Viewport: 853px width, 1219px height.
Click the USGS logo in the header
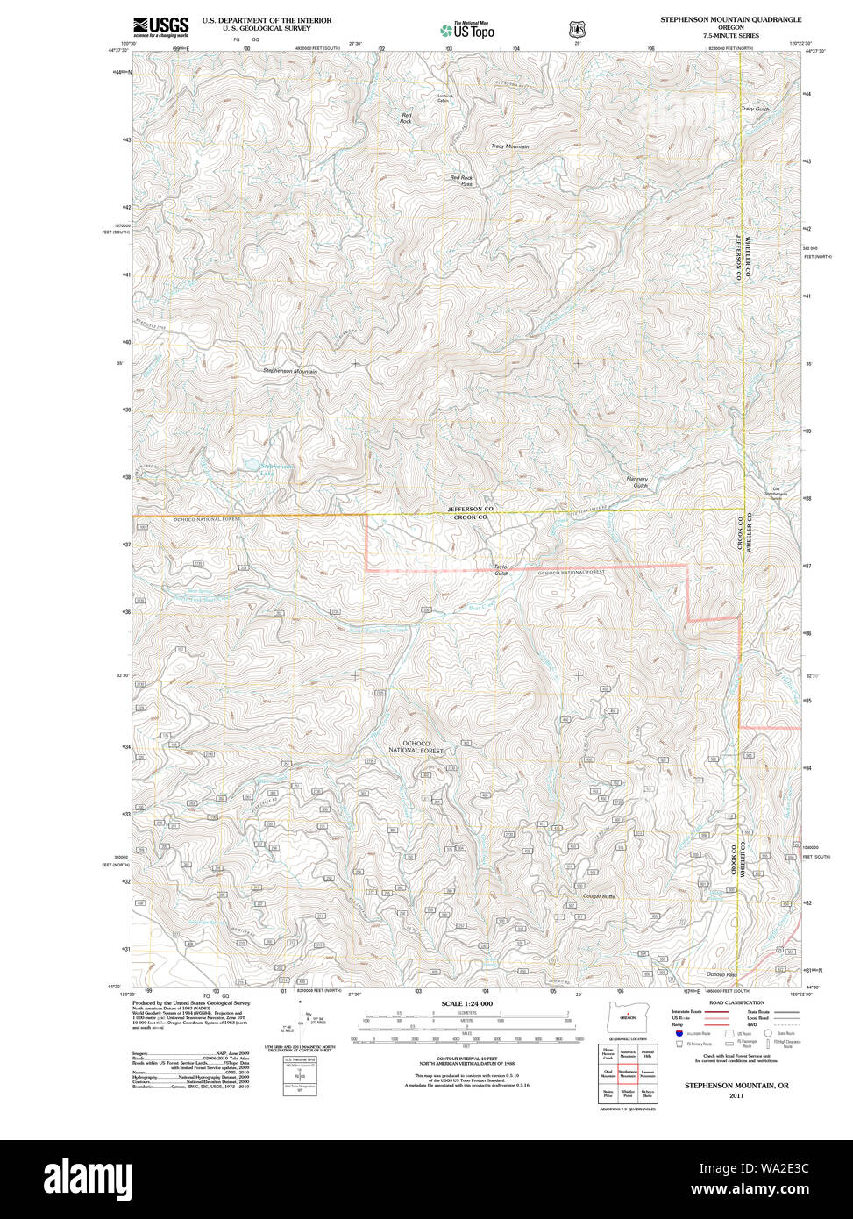click(x=160, y=26)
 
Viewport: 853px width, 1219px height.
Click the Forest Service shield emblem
click(x=574, y=29)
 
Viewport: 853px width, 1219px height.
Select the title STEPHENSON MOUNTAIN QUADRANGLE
click(x=730, y=18)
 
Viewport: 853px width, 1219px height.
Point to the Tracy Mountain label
click(x=509, y=146)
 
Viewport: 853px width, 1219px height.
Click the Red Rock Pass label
click(x=461, y=181)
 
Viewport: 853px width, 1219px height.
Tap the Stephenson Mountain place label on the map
click(x=290, y=372)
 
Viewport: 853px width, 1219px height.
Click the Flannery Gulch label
click(x=638, y=482)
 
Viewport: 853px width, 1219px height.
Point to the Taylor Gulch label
click(x=501, y=569)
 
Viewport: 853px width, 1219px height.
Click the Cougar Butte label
click(x=599, y=896)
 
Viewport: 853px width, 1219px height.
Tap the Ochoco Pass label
click(x=721, y=974)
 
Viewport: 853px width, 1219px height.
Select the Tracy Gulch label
click(x=755, y=110)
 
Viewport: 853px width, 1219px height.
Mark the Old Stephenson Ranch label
click(x=775, y=492)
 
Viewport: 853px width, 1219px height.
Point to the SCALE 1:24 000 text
click(x=466, y=1003)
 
